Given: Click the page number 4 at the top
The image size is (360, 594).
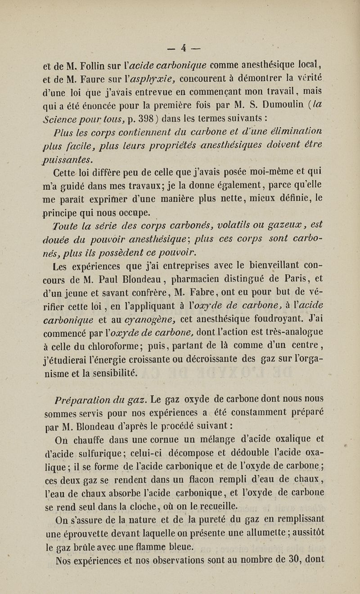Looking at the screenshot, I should [x=184, y=47].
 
